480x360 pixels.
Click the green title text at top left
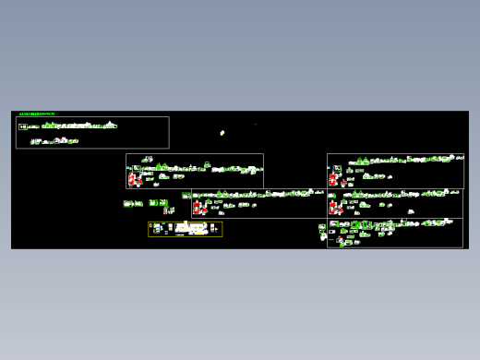(x=37, y=114)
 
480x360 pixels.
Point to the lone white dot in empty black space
(x=222, y=133)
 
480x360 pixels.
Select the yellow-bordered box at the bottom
(x=186, y=229)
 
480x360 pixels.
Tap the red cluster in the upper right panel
(x=333, y=179)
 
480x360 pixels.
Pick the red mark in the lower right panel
(x=340, y=239)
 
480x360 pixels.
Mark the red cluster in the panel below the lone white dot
(x=134, y=179)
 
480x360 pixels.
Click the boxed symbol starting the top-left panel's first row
(x=22, y=126)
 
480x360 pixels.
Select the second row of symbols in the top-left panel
(x=54, y=141)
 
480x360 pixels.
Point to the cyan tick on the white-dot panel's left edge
(x=127, y=168)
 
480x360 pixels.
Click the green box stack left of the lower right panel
(x=322, y=228)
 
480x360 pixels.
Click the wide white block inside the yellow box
(x=192, y=226)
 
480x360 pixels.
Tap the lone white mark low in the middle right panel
(x=411, y=211)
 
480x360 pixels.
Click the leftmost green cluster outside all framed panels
(x=131, y=203)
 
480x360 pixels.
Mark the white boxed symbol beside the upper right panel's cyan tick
(x=337, y=168)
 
